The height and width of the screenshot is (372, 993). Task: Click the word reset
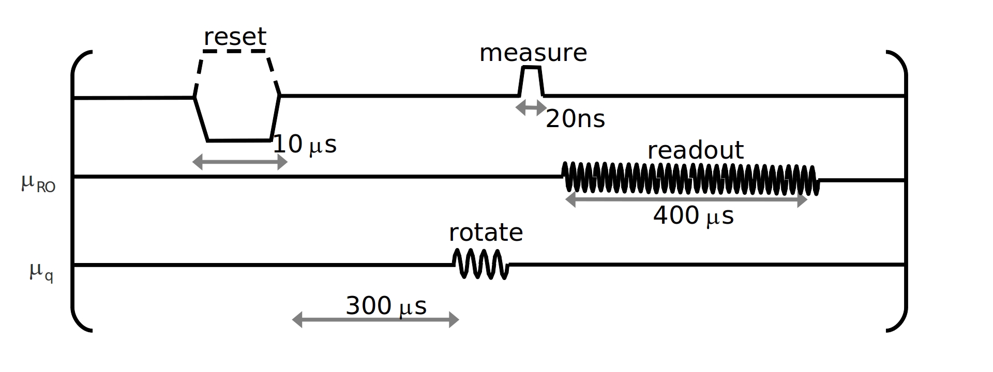click(235, 37)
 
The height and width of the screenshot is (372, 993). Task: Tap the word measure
click(533, 53)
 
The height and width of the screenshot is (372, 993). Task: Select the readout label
click(695, 150)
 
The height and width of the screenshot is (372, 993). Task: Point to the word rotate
click(486, 233)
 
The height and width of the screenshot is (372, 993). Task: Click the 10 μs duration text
click(304, 145)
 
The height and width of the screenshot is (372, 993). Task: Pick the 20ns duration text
click(575, 119)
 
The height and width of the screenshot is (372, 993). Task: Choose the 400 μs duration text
click(693, 215)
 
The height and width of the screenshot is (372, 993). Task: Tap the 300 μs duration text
click(386, 306)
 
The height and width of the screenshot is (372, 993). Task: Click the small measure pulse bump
click(531, 81)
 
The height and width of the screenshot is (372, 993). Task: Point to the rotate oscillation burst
click(481, 264)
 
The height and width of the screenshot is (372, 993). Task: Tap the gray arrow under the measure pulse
click(531, 108)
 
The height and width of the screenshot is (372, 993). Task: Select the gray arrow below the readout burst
click(686, 199)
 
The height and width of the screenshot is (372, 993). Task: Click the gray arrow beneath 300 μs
click(375, 320)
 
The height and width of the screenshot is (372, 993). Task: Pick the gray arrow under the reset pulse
click(239, 162)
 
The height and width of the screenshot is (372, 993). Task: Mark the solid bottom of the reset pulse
click(239, 140)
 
